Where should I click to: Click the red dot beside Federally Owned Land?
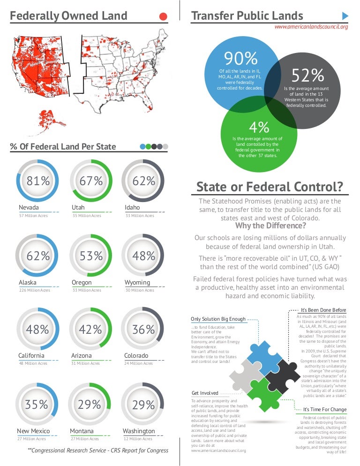tap(163, 16)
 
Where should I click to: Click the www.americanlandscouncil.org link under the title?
tap(311, 27)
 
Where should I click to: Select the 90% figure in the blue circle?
tap(241, 59)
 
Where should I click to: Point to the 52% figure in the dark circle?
tap(308, 75)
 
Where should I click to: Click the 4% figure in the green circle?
tap(259, 127)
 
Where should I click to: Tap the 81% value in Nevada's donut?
tap(38, 181)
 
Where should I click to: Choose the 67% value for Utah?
tap(91, 181)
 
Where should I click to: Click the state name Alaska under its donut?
tap(28, 283)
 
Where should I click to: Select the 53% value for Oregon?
tap(91, 256)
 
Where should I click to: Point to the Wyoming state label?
tap(137, 283)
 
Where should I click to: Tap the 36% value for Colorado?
tap(143, 330)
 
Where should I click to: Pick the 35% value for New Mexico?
tap(37, 404)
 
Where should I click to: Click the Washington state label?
tap(139, 431)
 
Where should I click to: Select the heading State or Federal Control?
tap(269, 187)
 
